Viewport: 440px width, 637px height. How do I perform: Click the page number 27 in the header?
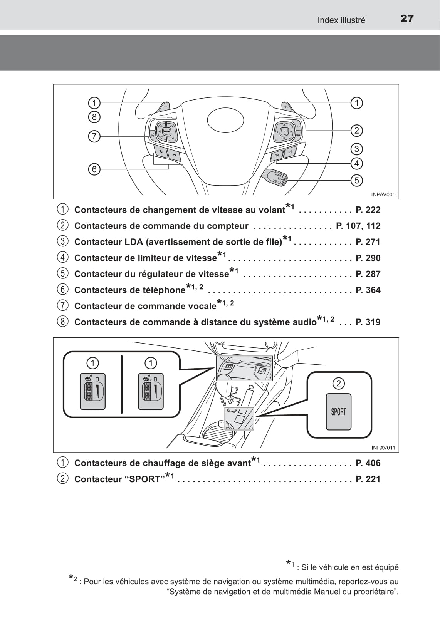[x=407, y=18]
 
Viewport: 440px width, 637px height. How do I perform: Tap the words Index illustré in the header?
[x=341, y=20]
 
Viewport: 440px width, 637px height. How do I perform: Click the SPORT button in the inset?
[x=339, y=412]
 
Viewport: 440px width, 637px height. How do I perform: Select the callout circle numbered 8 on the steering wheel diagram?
[x=94, y=117]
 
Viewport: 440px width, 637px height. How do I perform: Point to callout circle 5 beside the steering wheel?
[x=357, y=180]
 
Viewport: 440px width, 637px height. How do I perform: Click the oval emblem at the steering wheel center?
[x=225, y=120]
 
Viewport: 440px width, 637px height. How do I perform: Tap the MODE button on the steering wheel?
[x=166, y=131]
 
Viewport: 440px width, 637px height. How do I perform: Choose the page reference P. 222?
[x=368, y=210]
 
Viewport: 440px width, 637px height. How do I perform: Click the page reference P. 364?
[x=368, y=290]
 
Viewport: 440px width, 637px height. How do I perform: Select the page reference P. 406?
[x=368, y=463]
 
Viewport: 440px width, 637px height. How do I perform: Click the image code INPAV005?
[x=383, y=195]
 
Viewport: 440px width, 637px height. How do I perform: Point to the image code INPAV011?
[x=383, y=448]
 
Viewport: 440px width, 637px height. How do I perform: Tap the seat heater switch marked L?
[x=92, y=391]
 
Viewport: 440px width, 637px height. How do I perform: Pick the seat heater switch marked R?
[x=151, y=391]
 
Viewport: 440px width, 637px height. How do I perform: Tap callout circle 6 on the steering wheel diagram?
[x=94, y=169]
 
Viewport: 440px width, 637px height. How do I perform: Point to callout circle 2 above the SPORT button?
[x=339, y=383]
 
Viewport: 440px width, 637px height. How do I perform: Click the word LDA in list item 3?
[x=134, y=242]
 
